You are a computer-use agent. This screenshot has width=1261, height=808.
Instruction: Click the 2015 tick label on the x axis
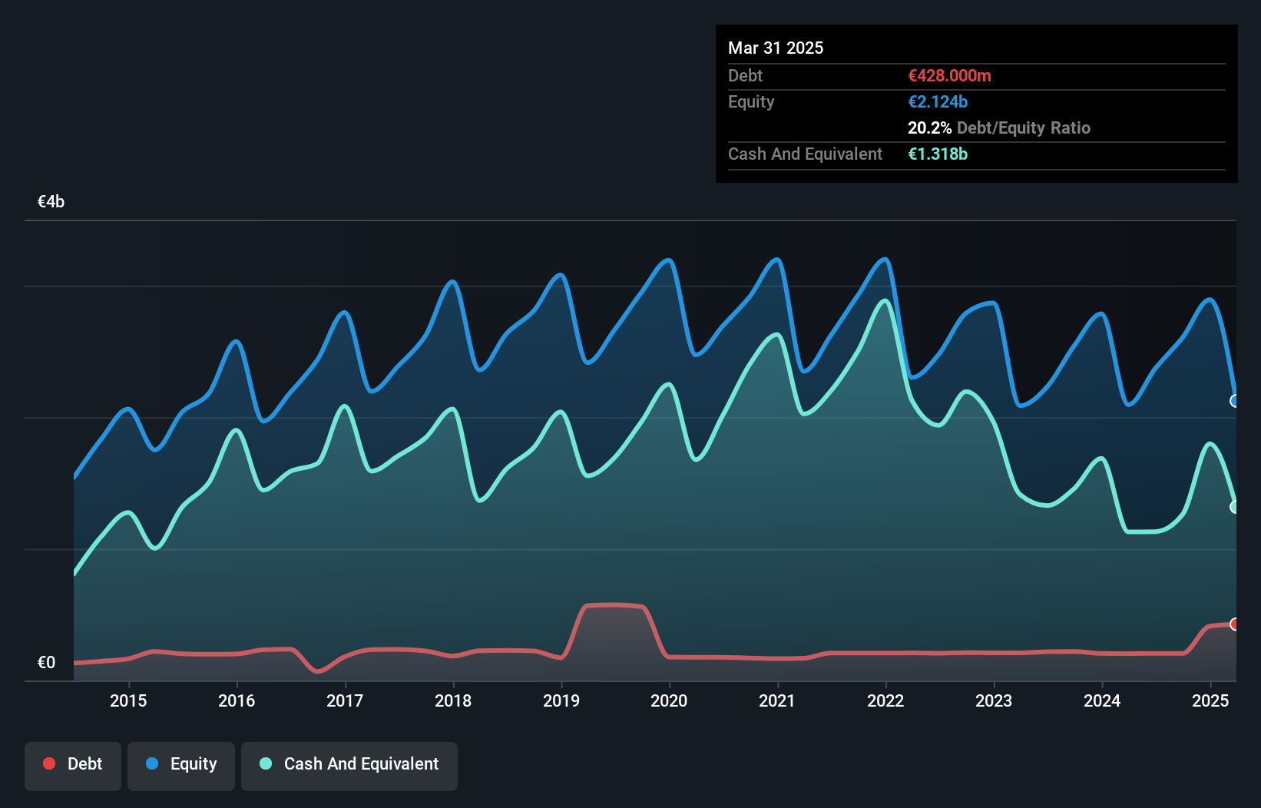128,700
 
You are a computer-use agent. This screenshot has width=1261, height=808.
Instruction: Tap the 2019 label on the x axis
561,700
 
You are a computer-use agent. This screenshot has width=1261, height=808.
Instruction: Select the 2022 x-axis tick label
885,700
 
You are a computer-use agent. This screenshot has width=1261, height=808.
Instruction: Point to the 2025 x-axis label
1210,700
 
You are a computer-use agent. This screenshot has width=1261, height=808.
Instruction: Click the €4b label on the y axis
51,202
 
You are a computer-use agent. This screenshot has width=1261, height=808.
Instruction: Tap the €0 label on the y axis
46,662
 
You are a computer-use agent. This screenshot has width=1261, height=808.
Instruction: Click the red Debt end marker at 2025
1235,624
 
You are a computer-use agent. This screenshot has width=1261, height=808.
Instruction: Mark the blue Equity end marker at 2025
1235,401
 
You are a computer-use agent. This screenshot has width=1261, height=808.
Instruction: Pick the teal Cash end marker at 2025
1235,507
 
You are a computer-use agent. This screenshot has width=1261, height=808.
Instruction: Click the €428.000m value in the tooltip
949,76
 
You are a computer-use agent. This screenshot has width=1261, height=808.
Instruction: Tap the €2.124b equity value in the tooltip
938,102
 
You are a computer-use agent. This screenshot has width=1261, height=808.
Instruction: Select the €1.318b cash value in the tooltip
938,154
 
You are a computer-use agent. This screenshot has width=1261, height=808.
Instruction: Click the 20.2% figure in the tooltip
929,128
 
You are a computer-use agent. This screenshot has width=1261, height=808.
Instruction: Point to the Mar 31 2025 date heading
776,48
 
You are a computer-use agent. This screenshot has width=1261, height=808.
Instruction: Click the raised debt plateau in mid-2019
614,605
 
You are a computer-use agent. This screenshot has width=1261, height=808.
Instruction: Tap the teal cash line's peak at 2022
885,301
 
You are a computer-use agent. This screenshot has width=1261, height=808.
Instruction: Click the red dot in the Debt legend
49,763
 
